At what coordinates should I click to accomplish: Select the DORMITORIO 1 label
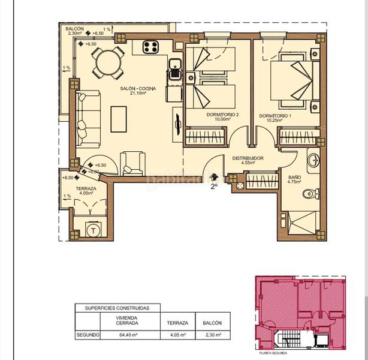[274, 115]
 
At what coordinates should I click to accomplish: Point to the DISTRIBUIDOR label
[248, 160]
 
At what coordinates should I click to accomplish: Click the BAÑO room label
[294, 177]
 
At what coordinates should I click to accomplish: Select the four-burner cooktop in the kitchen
[150, 47]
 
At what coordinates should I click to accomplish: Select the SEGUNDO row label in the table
[87, 335]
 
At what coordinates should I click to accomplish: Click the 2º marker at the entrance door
[213, 186]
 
